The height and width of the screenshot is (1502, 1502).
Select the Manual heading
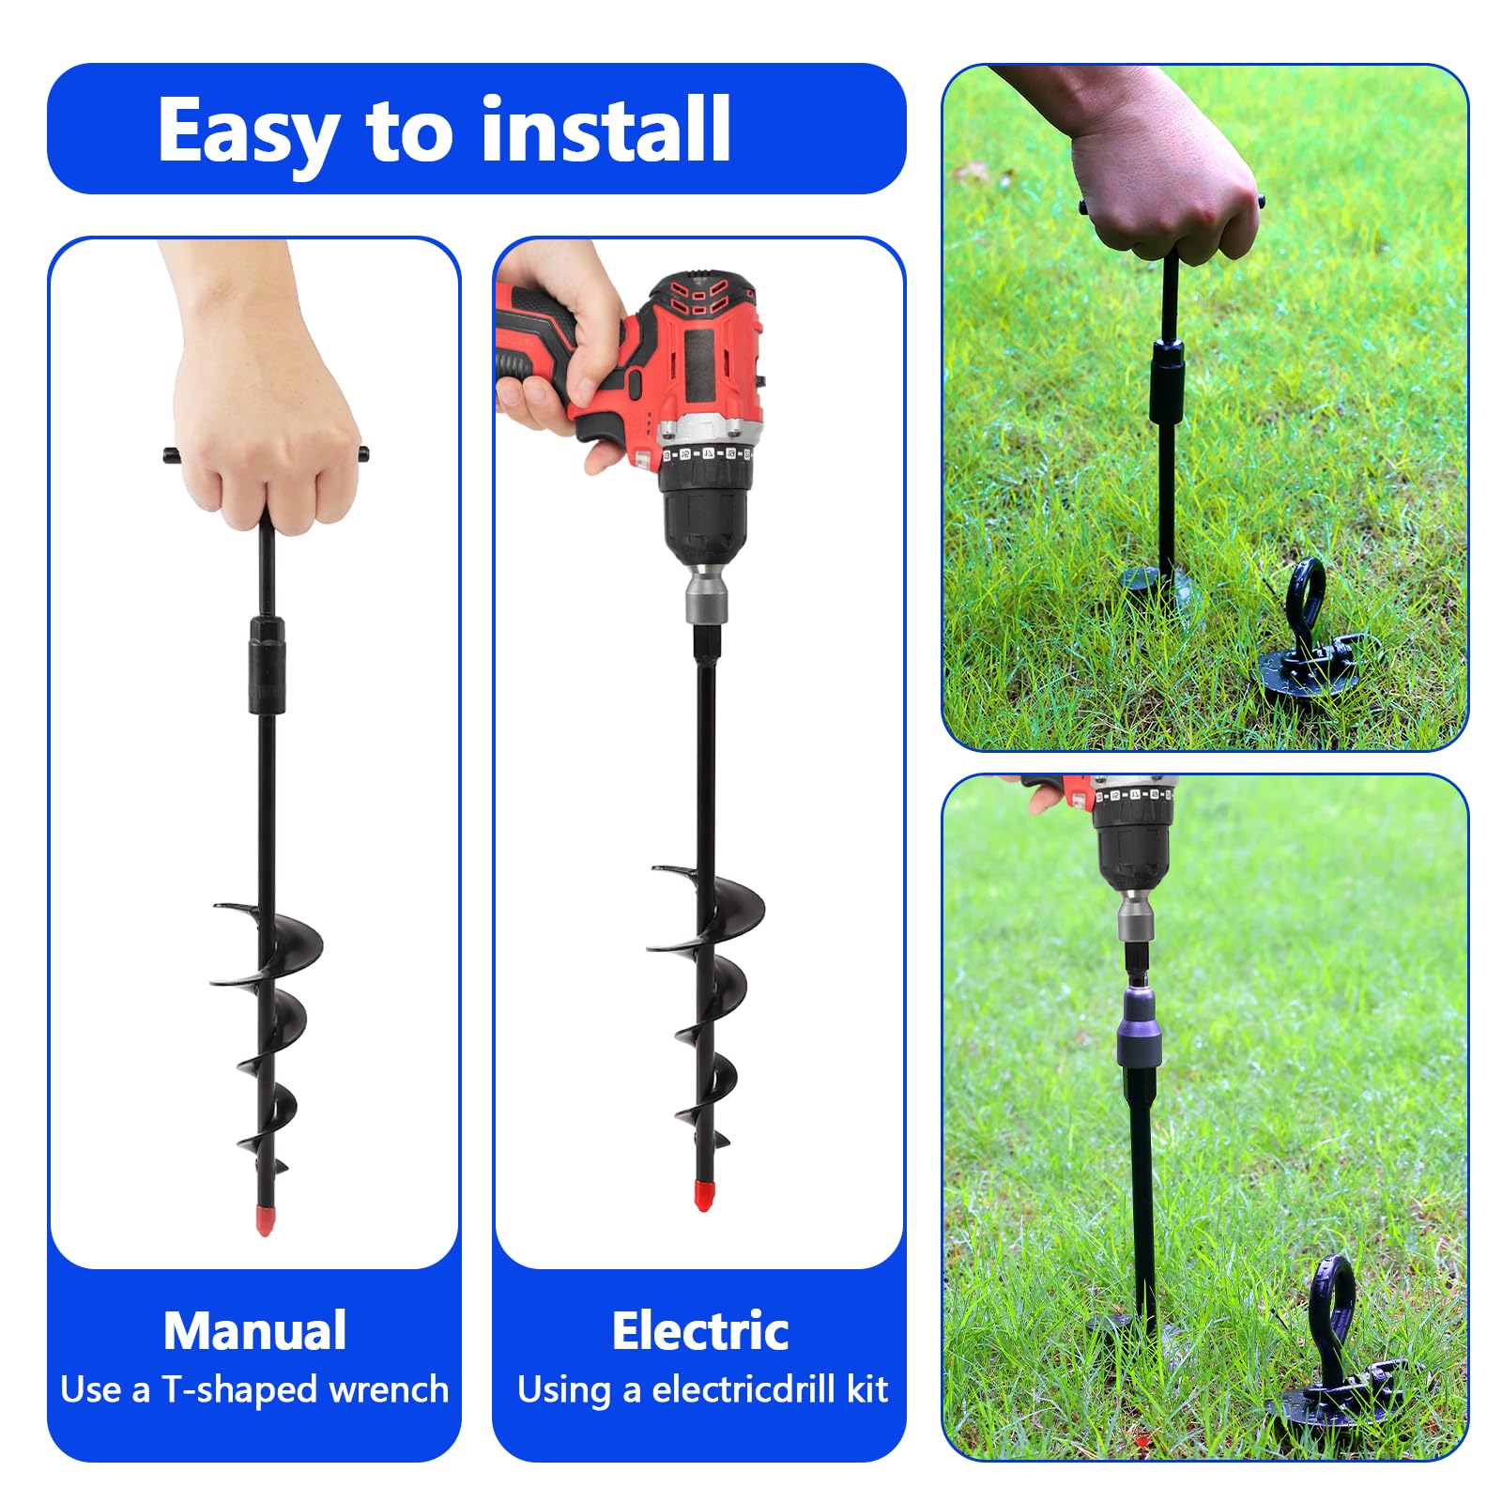coord(254,1330)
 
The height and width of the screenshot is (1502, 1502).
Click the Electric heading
coord(699,1330)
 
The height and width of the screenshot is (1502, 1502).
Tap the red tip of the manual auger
coord(265,1219)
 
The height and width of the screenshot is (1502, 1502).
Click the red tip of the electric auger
coord(703,1195)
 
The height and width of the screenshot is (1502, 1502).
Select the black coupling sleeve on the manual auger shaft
coord(267,665)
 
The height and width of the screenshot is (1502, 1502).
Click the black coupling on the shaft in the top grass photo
coord(1168,382)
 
